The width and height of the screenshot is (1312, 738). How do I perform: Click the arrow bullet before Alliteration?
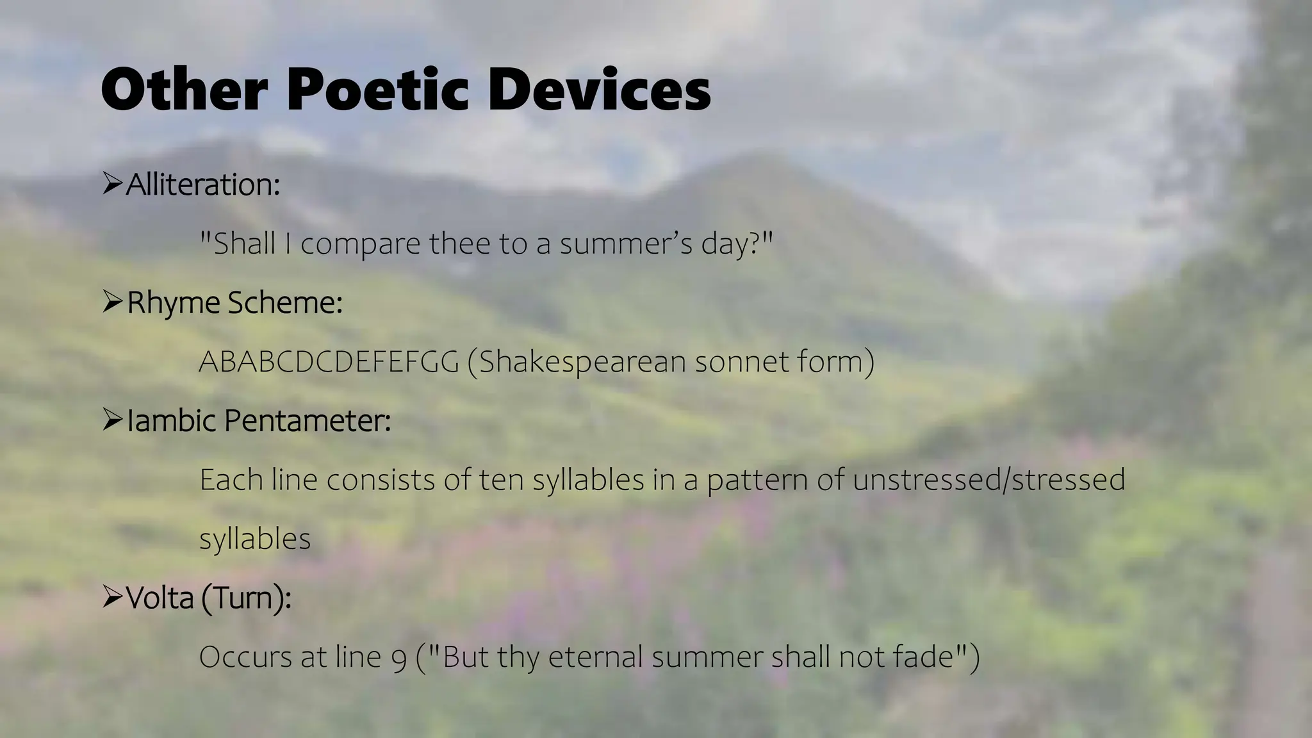(x=112, y=184)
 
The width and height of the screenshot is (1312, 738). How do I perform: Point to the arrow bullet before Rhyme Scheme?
(x=112, y=302)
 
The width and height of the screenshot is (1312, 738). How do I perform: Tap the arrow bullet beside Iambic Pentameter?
(x=112, y=420)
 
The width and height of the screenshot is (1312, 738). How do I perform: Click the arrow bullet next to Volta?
(x=112, y=598)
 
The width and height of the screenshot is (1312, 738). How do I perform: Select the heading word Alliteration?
(x=203, y=184)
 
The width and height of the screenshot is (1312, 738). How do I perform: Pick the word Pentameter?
(x=307, y=421)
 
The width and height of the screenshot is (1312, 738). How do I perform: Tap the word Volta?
(x=160, y=598)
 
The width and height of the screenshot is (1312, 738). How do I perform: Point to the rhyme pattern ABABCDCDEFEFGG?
(x=329, y=362)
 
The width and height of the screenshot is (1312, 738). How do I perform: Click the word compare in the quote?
(x=360, y=244)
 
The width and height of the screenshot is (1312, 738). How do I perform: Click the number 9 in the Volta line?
(x=398, y=658)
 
